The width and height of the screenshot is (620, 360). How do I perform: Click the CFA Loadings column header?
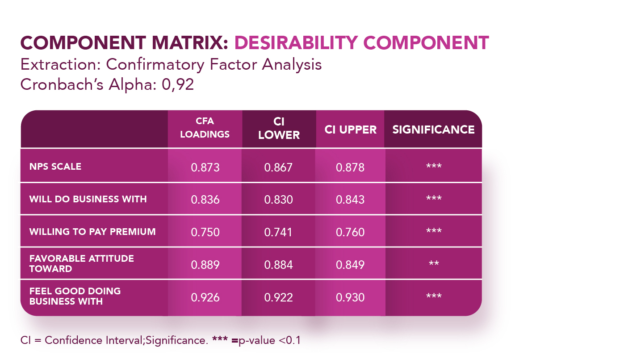click(205, 128)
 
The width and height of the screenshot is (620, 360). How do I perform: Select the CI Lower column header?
click(279, 129)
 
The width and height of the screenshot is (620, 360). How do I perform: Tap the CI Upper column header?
click(350, 130)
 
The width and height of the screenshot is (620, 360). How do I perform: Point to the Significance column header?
click(433, 130)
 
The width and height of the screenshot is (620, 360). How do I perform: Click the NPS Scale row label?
click(55, 167)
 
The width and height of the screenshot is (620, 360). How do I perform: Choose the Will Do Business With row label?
click(88, 199)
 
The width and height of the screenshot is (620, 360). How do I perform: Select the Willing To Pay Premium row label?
click(92, 232)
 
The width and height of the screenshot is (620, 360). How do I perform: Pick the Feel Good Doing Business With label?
click(75, 296)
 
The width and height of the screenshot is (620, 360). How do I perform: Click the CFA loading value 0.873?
click(205, 167)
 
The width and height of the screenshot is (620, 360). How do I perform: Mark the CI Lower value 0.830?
click(279, 200)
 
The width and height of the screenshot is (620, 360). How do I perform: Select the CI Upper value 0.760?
click(350, 232)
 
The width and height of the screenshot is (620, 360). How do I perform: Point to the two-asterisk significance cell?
click(433, 264)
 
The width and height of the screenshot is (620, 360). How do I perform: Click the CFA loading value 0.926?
click(205, 297)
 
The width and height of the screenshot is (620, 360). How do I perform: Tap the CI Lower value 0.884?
click(279, 265)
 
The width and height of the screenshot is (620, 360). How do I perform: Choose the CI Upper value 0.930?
click(350, 297)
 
